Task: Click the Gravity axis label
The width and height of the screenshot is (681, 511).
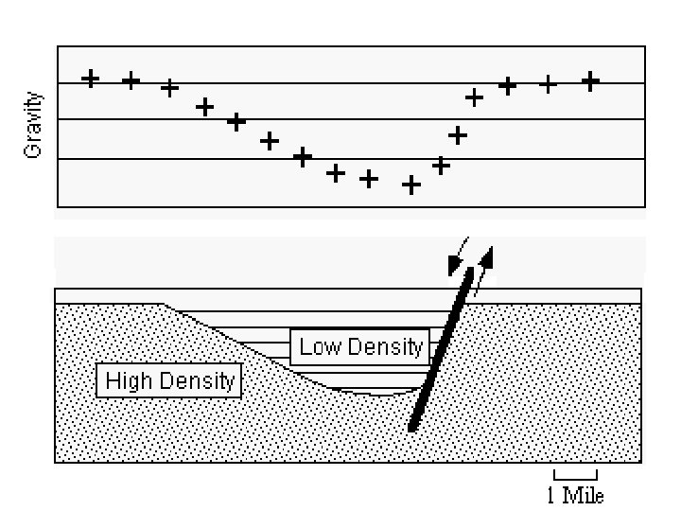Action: [x=35, y=124]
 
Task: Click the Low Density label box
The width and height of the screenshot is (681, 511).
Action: [x=360, y=346]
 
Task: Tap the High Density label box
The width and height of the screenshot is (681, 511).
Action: [x=169, y=381]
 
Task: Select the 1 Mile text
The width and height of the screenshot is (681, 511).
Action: [x=574, y=495]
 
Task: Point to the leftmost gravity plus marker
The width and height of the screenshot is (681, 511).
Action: [x=91, y=78]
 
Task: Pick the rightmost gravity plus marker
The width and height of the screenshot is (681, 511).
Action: [x=591, y=81]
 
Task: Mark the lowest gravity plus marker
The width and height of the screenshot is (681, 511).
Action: [x=411, y=185]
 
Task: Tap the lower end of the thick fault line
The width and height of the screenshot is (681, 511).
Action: [x=413, y=429]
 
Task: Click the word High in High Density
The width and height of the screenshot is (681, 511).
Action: [x=124, y=381]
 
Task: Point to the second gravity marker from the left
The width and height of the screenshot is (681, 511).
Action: [x=131, y=80]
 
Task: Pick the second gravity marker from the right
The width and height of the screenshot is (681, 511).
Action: [x=549, y=84]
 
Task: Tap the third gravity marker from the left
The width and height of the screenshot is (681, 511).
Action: [x=170, y=87]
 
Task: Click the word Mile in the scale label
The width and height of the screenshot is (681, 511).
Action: [x=583, y=495]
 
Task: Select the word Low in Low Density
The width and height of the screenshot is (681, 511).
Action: [x=319, y=346]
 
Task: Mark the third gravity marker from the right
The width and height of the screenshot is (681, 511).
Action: [x=508, y=86]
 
